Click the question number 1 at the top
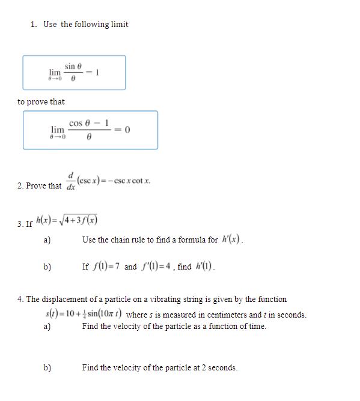tap(34, 25)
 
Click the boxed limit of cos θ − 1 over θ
tap(90, 129)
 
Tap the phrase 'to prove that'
tap(41, 102)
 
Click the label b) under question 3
tap(46, 267)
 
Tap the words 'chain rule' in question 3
tap(125, 240)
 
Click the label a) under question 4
tap(46, 327)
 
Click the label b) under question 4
tap(46, 367)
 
